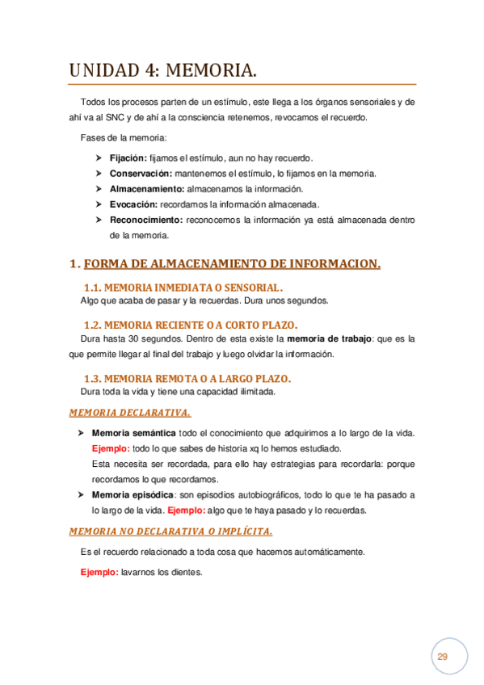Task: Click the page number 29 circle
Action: [x=442, y=656]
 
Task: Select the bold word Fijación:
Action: [x=128, y=158]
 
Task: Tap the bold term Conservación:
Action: [x=141, y=174]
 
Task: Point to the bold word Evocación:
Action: [x=133, y=204]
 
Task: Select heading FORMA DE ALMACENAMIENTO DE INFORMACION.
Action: [x=232, y=263]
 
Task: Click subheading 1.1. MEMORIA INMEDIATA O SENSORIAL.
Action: [x=183, y=288]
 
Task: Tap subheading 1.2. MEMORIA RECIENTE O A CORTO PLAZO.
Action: [x=190, y=325]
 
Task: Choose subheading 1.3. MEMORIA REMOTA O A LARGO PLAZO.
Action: [x=187, y=378]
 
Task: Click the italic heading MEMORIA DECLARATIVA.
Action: [x=129, y=413]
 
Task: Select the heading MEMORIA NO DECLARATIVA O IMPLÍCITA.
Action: [x=170, y=532]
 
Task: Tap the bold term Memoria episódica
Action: [x=133, y=494]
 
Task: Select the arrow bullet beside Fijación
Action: [x=99, y=158]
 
